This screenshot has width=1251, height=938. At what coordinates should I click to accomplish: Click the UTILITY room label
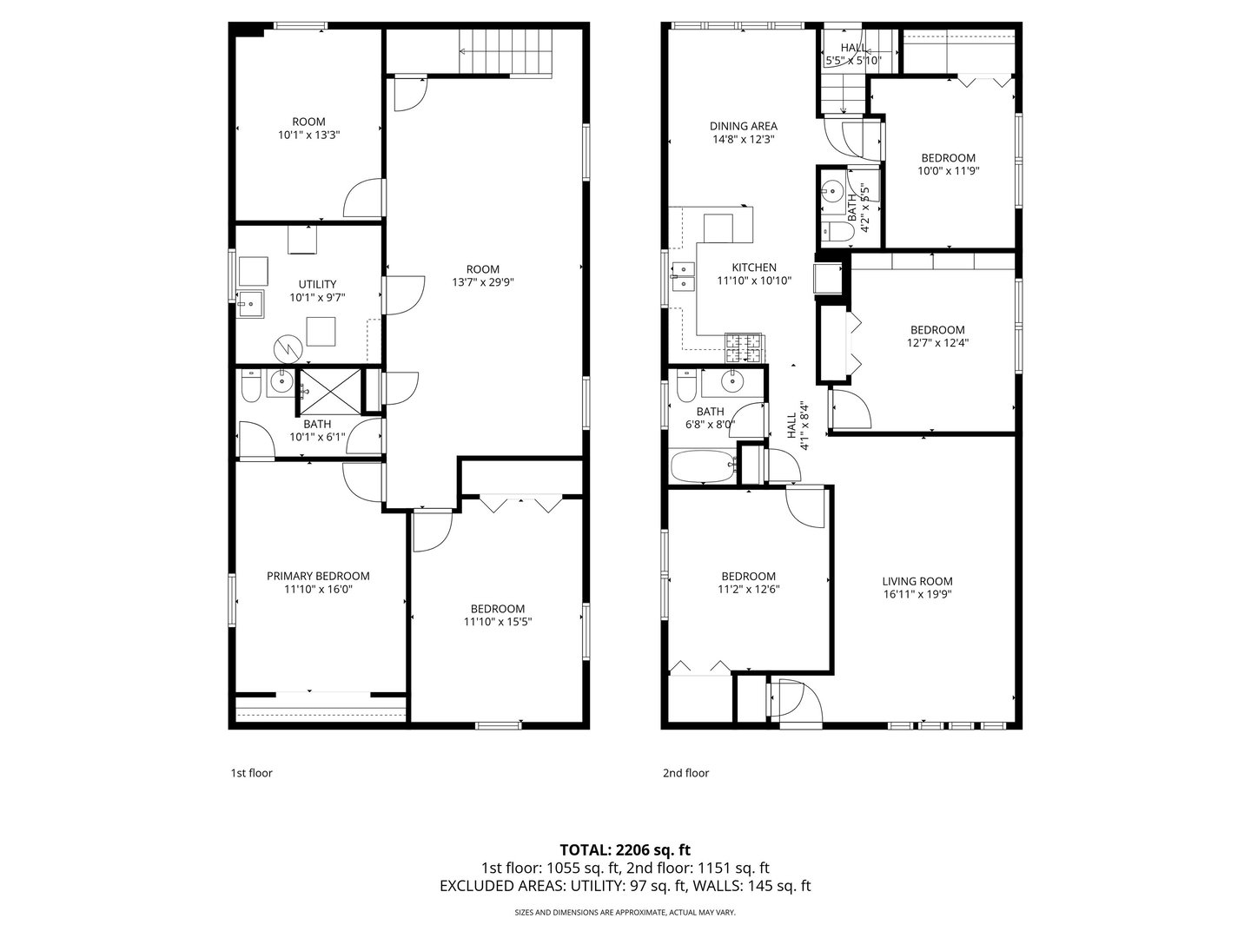pyautogui.click(x=317, y=284)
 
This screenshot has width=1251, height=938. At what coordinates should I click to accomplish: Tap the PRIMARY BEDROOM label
pyautogui.click(x=318, y=576)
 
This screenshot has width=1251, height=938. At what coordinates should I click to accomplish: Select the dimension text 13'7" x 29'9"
pyautogui.click(x=482, y=282)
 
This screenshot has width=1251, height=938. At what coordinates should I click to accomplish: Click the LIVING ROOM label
pyautogui.click(x=917, y=582)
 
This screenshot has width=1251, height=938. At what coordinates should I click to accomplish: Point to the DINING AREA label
pyautogui.click(x=743, y=126)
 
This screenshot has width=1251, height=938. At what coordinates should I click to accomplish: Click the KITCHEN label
pyautogui.click(x=753, y=268)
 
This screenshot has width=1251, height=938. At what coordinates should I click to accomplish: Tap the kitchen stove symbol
pyautogui.click(x=744, y=348)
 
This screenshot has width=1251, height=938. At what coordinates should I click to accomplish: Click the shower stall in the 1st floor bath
pyautogui.click(x=328, y=392)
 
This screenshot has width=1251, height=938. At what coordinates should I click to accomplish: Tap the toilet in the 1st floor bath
pyautogui.click(x=250, y=387)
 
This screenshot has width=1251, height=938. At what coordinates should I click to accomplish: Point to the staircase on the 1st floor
pyautogui.click(x=504, y=51)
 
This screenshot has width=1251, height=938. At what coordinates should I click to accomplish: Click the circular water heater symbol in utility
pyautogui.click(x=286, y=349)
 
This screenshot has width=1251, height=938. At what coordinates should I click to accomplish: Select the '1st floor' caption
pyautogui.click(x=251, y=773)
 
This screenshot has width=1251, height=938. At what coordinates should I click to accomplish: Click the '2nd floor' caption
pyautogui.click(x=685, y=773)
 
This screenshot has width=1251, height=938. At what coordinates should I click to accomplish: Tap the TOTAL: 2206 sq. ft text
pyautogui.click(x=625, y=849)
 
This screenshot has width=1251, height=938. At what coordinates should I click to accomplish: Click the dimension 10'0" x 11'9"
pyautogui.click(x=948, y=171)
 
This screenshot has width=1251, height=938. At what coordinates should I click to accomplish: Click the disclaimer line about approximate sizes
pyautogui.click(x=625, y=913)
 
